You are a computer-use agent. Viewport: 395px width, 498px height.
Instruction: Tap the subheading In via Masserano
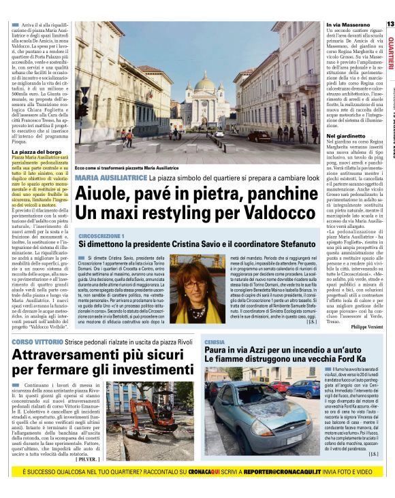342,24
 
